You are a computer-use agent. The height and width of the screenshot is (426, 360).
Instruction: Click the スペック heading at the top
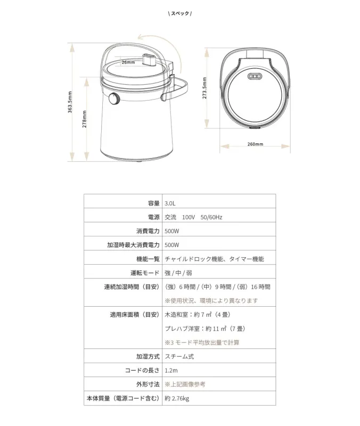tap(179, 13)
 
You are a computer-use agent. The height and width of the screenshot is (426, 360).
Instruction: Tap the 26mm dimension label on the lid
tap(128, 62)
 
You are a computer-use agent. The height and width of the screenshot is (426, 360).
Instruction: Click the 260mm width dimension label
tap(255, 144)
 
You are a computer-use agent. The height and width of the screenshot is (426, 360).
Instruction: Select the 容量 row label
tap(154, 203)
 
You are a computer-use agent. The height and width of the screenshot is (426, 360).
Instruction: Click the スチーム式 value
tap(179, 356)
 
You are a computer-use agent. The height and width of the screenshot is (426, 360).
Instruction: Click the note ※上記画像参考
tap(185, 384)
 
